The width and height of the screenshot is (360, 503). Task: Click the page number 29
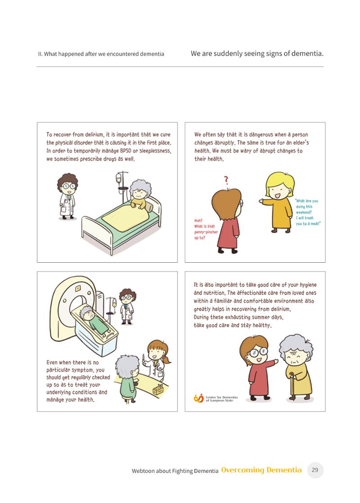[x=315, y=470]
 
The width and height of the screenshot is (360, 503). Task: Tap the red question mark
[x=226, y=180]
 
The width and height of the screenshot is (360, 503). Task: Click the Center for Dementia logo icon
[x=198, y=398]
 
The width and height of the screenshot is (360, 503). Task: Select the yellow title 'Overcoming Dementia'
[x=261, y=470]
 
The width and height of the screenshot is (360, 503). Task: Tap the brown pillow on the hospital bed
[x=149, y=204]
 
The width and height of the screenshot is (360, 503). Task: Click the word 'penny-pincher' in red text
[x=206, y=232]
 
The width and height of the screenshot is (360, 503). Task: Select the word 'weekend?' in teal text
[x=304, y=212]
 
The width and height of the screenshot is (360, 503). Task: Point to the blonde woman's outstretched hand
[x=261, y=201]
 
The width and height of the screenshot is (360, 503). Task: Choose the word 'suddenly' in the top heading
[x=228, y=54]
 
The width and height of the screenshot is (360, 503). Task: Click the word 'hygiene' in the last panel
[x=308, y=285]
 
